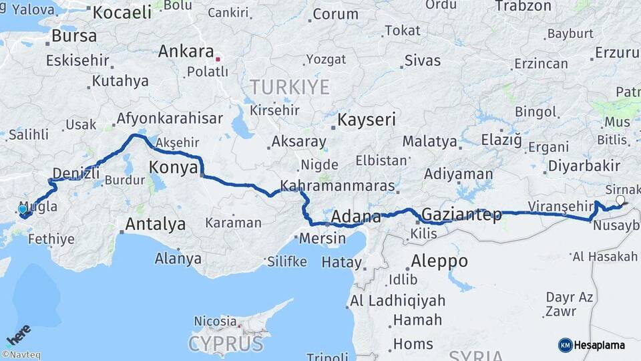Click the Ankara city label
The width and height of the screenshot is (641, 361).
pyautogui.click(x=186, y=52)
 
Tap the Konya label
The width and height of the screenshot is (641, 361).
pyautogui.click(x=172, y=167)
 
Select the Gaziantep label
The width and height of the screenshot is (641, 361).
pyautogui.click(x=462, y=215)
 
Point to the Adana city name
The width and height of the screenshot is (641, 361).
pyautogui.click(x=356, y=217)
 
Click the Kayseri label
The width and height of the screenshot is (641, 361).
pyautogui.click(x=367, y=120)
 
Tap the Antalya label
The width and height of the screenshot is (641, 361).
pyautogui.click(x=155, y=224)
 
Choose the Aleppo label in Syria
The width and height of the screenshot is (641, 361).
pyautogui.click(x=439, y=261)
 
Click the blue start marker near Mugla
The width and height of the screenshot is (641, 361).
pyautogui.click(x=23, y=210)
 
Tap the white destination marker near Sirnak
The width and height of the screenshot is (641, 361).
pyautogui.click(x=620, y=200)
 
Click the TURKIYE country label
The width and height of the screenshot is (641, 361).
pyautogui.click(x=290, y=87)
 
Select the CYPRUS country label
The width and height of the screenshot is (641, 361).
pyautogui.click(x=225, y=344)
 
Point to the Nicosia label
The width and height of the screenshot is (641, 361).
pyautogui.click(x=215, y=321)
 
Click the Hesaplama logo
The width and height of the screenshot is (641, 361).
pyautogui.click(x=592, y=345)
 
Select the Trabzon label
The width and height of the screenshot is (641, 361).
pyautogui.click(x=523, y=6)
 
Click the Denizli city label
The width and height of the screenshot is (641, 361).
pyautogui.click(x=75, y=173)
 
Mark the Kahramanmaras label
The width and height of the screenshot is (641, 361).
pyautogui.click(x=337, y=185)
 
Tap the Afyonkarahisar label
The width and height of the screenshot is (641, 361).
pyautogui.click(x=170, y=119)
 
